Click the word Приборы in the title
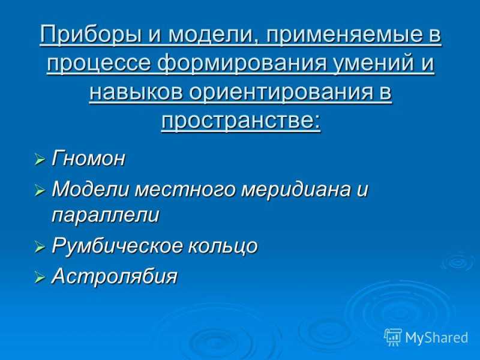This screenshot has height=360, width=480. [x=91, y=35]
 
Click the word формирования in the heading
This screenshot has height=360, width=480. [x=242, y=64]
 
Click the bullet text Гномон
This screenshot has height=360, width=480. [x=88, y=158]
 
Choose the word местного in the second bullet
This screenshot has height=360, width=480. [x=186, y=189]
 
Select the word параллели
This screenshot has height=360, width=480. [x=106, y=215]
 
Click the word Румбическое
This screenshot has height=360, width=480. [x=117, y=245]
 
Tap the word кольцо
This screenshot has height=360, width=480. [x=223, y=245]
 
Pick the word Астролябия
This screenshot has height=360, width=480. [x=115, y=276]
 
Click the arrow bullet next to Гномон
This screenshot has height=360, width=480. [x=40, y=160]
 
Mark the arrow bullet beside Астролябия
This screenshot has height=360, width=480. [x=40, y=277]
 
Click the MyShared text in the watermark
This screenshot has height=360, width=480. [x=437, y=338]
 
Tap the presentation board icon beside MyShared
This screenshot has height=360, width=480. [x=393, y=337]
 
